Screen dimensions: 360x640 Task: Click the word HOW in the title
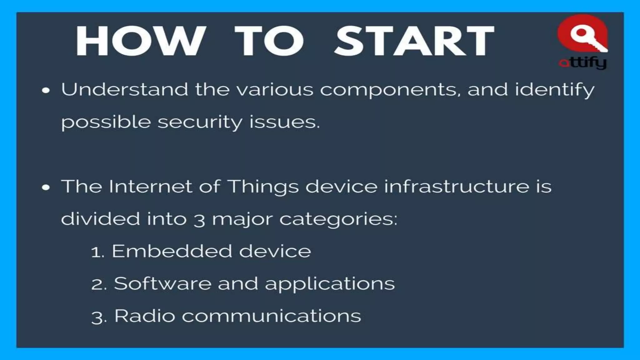point(140,41)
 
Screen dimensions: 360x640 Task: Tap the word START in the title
point(414,41)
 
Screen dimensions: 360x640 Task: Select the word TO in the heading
point(269,41)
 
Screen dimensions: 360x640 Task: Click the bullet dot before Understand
point(46,91)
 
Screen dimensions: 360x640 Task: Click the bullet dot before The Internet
point(46,187)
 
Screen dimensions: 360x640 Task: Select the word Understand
point(124,89)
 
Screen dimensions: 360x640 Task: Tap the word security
point(200,122)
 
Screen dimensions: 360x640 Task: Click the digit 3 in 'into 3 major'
point(199,220)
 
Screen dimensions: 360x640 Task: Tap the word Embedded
point(172,251)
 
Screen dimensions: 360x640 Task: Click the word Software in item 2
point(162,283)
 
